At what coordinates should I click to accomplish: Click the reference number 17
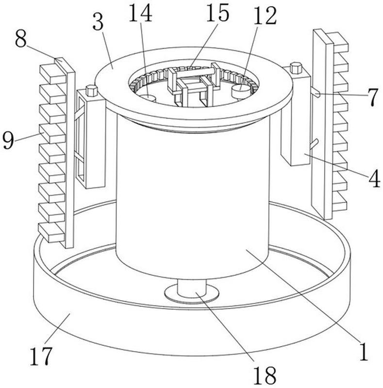coord(41,356)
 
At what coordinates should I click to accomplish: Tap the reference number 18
coord(265,375)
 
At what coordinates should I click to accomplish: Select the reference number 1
coord(363,351)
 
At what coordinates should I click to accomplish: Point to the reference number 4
coord(374,178)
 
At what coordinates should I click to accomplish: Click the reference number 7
coord(373,97)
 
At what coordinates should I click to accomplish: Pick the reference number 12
coord(265,16)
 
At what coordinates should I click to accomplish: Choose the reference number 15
coord(218,12)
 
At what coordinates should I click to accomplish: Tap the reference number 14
coord(140,14)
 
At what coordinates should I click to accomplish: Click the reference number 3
coord(98,22)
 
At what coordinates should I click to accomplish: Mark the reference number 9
coord(8,140)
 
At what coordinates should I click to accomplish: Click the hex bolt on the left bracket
coord(92,90)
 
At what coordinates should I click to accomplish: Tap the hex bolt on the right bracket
coord(296,68)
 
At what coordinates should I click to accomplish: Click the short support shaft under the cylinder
coord(192,288)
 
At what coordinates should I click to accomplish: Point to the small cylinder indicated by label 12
coord(241,91)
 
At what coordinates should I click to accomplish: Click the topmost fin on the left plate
coord(53,74)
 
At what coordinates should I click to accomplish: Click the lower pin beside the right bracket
coord(314,144)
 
